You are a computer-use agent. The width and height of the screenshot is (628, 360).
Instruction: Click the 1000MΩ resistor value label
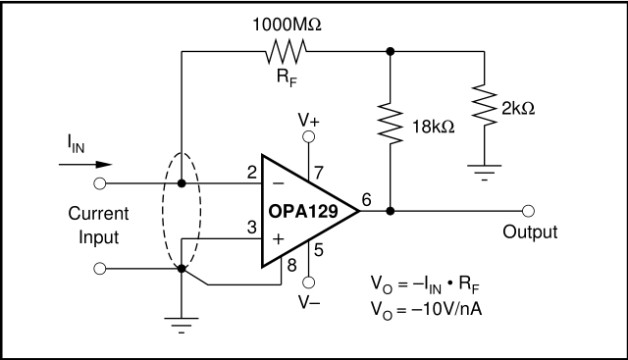pos(287,25)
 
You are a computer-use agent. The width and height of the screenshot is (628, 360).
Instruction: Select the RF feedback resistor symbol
pos(286,52)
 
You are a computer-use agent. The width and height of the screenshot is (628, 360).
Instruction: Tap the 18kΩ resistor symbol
pos(391,123)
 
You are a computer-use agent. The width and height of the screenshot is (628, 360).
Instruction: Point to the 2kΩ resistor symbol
pos(484,105)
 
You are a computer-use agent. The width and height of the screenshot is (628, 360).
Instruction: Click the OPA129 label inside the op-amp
pos(303,212)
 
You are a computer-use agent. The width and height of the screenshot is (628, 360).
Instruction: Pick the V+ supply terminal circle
pos(308,137)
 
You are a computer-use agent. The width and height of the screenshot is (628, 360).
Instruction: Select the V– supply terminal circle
pos(308,283)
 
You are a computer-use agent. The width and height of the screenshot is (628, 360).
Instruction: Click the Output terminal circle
pos(528,211)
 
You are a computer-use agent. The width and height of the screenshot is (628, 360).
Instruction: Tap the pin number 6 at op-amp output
pos(366,199)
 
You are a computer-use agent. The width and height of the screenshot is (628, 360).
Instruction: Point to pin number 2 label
pos(251,173)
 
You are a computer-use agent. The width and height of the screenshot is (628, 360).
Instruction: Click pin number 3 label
pos(251,228)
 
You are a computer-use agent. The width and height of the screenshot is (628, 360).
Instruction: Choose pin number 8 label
pos(292,265)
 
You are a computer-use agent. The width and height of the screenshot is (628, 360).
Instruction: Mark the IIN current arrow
pos(85,165)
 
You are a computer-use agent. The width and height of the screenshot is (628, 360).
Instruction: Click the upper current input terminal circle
pos(100,183)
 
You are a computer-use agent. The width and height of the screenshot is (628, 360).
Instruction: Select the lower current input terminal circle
pos(100,269)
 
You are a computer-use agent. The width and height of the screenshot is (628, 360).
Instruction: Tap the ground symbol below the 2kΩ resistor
pos(484,173)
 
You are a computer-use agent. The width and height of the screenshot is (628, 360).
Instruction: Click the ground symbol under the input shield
pos(182,326)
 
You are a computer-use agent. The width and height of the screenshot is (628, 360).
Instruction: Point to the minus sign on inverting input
pos(278,183)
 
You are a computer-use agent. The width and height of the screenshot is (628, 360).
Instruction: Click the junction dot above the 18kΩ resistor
pos(391,51)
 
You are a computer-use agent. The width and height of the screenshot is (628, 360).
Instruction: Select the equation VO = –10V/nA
pos(426,309)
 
